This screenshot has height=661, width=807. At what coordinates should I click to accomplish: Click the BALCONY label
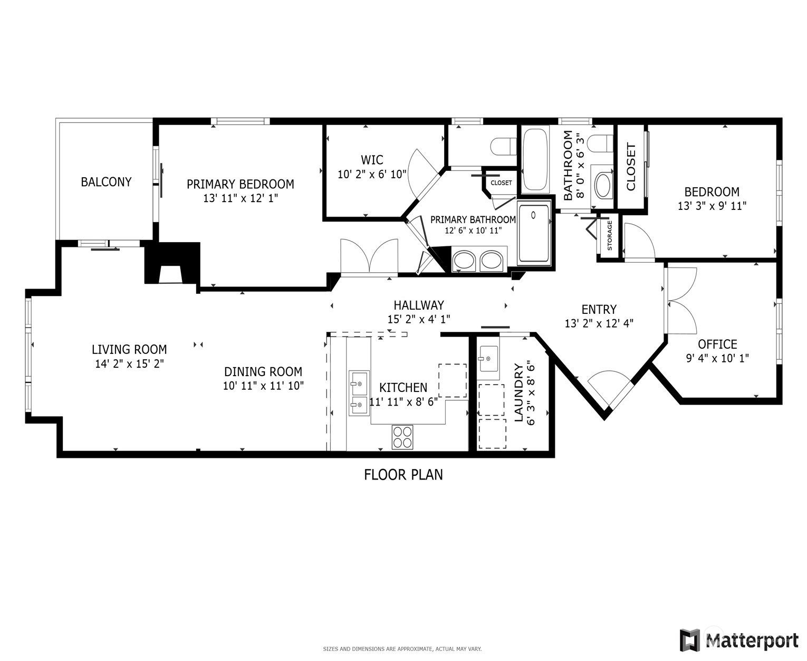(106, 182)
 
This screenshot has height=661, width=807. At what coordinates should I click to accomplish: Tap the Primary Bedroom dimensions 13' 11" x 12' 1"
(241, 198)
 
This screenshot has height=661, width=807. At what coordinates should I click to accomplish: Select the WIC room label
(371, 160)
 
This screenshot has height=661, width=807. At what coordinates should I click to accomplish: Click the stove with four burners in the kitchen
(402, 437)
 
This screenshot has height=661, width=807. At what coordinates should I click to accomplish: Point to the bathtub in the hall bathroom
(535, 159)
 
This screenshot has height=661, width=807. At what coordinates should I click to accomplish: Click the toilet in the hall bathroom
(601, 143)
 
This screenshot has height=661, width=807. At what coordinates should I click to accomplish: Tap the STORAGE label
(610, 236)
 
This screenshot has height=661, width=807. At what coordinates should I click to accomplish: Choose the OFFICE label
(717, 344)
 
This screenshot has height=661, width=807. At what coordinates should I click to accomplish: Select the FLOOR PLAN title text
(403, 475)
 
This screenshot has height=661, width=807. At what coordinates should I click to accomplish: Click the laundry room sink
(488, 359)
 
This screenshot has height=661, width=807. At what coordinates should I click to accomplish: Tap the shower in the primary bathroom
(534, 233)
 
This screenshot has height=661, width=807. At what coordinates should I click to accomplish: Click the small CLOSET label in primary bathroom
(501, 183)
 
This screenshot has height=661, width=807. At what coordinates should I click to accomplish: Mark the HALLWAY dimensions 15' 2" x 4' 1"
(419, 319)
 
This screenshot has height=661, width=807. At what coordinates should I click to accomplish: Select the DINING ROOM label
(263, 371)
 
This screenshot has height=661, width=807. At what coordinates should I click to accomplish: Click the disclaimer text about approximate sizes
(402, 649)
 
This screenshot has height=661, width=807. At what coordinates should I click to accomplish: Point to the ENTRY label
(599, 309)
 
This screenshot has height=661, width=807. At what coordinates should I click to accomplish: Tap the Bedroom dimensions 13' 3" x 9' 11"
(712, 206)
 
